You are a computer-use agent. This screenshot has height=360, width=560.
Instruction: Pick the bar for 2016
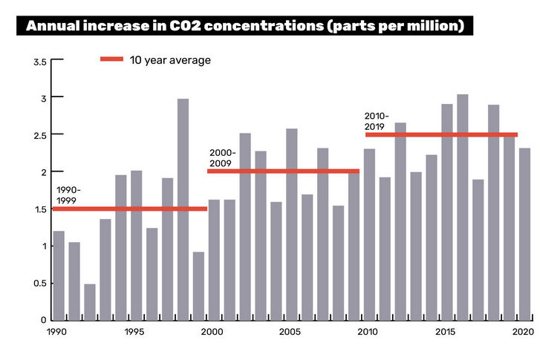[462, 207]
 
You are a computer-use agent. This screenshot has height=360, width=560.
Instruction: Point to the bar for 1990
[59, 275]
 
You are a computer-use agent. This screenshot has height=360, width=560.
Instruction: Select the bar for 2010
[369, 234]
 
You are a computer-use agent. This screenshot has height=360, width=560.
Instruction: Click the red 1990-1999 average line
[130, 209]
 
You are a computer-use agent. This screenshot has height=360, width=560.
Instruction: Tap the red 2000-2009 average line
[283, 171]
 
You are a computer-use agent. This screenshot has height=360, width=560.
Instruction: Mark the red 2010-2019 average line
[441, 134]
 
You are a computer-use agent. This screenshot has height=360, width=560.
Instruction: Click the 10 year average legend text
[170, 60]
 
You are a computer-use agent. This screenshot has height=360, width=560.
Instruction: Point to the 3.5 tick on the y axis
[40, 61]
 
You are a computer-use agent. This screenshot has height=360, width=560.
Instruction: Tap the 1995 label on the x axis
[135, 333]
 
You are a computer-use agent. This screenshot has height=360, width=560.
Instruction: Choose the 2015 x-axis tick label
[446, 333]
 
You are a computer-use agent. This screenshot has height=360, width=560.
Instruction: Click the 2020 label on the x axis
[524, 333]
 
